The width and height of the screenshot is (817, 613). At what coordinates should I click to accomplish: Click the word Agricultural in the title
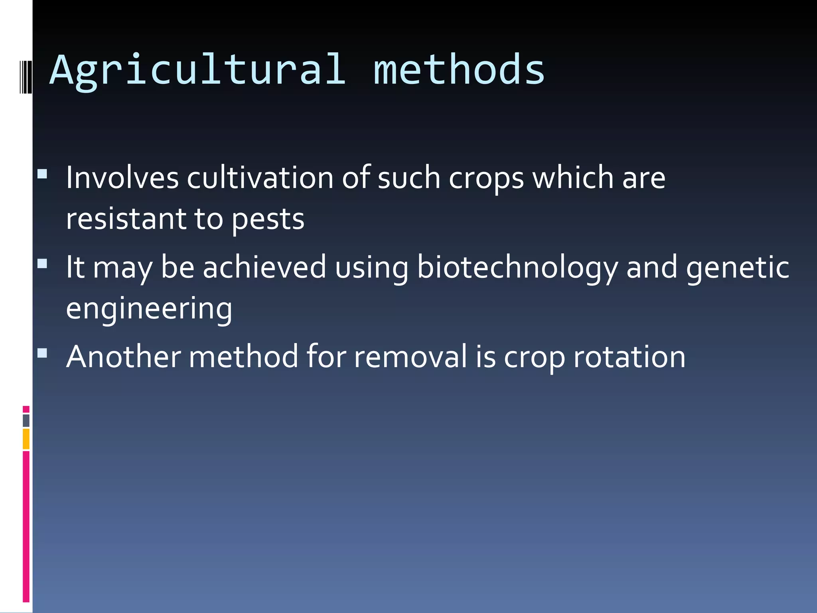pos(197,71)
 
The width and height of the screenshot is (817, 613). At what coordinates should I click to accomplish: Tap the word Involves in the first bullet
pos(122,178)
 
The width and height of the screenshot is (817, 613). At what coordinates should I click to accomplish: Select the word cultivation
pos(260,178)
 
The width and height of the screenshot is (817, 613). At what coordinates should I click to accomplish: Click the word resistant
pos(126,219)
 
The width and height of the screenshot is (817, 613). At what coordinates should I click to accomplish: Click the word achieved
pos(264,267)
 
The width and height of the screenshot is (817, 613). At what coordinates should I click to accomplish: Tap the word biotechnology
pos(517,268)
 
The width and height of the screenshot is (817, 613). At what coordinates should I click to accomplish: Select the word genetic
pos(737,268)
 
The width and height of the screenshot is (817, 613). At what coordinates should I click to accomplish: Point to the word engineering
pos(149,309)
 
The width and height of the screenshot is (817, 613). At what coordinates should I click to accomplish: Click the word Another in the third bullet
pos(124,356)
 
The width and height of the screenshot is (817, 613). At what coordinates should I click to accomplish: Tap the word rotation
pos(629,356)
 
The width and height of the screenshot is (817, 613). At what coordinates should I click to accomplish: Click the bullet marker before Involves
pos(42,174)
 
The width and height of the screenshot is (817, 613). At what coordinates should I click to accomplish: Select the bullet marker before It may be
pos(42,263)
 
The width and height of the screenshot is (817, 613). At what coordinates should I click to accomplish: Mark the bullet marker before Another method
pos(42,353)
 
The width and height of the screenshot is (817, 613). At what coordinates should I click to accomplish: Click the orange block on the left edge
pos(26,439)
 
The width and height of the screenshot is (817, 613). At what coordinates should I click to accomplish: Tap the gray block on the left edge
pos(26,420)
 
